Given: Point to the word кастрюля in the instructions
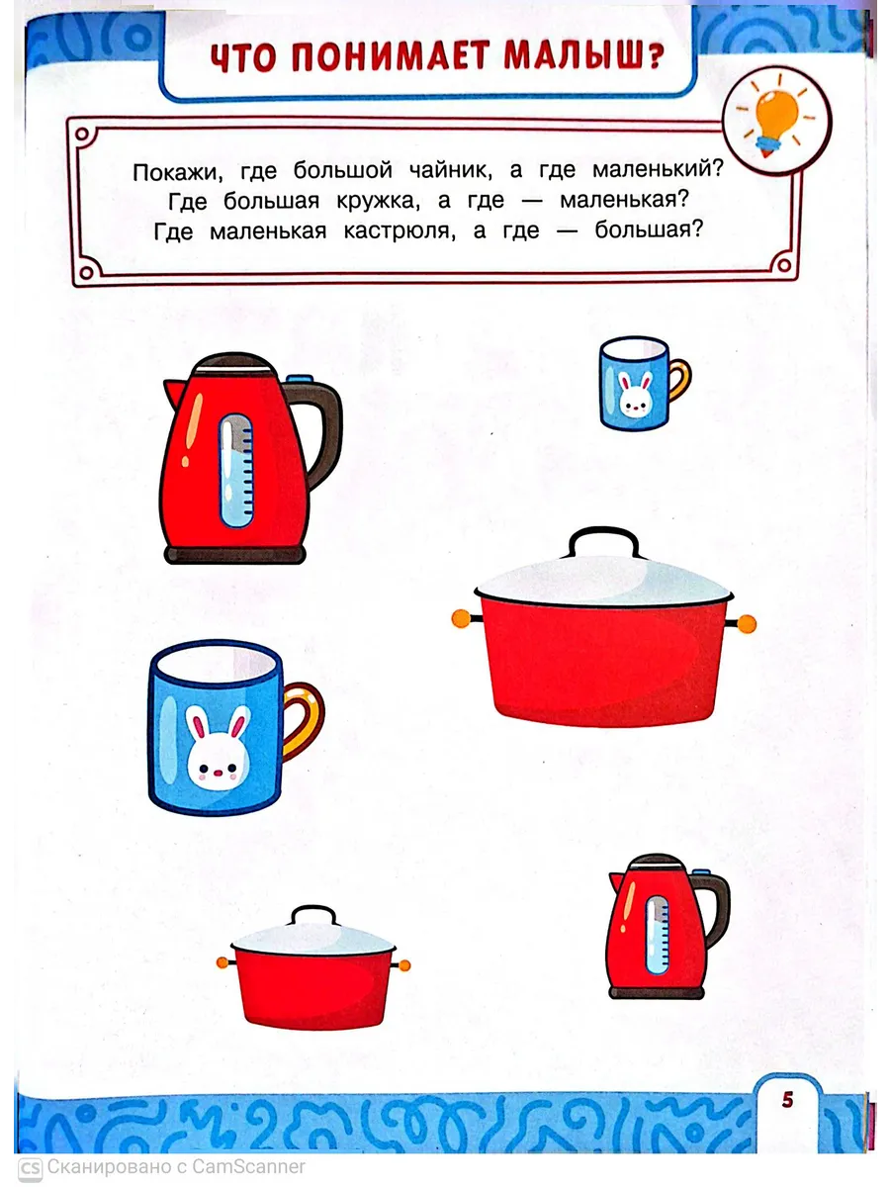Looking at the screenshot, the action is (398, 232).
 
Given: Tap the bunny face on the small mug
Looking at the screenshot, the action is (635, 395).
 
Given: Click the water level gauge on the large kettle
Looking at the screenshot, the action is (236, 471).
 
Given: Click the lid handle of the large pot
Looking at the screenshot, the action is (603, 540).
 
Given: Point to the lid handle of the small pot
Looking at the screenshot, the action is (313, 914).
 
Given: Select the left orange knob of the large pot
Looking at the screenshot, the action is (461, 618).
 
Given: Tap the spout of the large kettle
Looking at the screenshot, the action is (175, 393).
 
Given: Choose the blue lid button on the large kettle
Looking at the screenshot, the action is (299, 379).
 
